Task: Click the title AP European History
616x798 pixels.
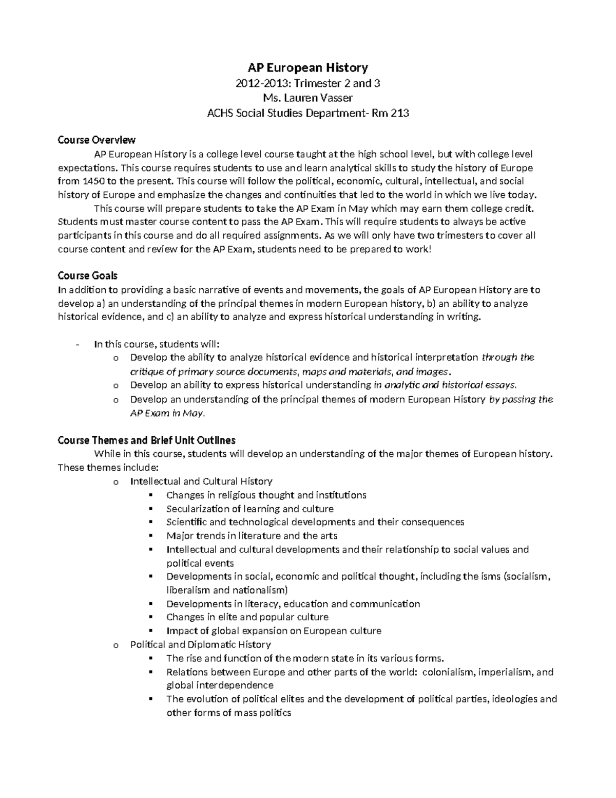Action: click(307, 67)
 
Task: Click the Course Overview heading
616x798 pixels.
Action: click(97, 140)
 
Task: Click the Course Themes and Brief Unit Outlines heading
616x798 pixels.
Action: click(147, 440)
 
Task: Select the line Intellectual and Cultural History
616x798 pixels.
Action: click(201, 481)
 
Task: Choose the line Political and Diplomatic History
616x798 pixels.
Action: click(201, 644)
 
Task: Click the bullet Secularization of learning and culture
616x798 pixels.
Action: click(250, 509)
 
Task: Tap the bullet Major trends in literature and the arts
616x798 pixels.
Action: click(252, 536)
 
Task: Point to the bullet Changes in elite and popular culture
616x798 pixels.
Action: click(247, 617)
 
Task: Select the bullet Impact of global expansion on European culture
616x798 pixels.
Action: click(274, 631)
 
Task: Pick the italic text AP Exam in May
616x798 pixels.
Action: click(167, 413)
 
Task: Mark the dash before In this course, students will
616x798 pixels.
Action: click(77, 344)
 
